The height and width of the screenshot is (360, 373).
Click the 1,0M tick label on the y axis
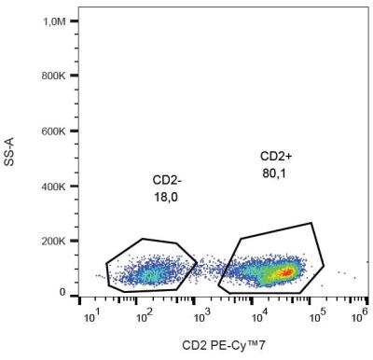(53, 20)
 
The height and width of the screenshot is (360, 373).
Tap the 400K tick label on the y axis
(53, 187)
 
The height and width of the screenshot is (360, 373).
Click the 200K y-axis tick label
(53, 241)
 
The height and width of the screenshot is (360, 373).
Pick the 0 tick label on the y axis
(62, 293)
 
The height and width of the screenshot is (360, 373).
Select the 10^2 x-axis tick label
(144, 316)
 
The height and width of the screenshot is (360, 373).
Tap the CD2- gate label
(168, 178)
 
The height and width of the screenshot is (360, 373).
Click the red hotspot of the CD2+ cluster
(286, 272)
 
